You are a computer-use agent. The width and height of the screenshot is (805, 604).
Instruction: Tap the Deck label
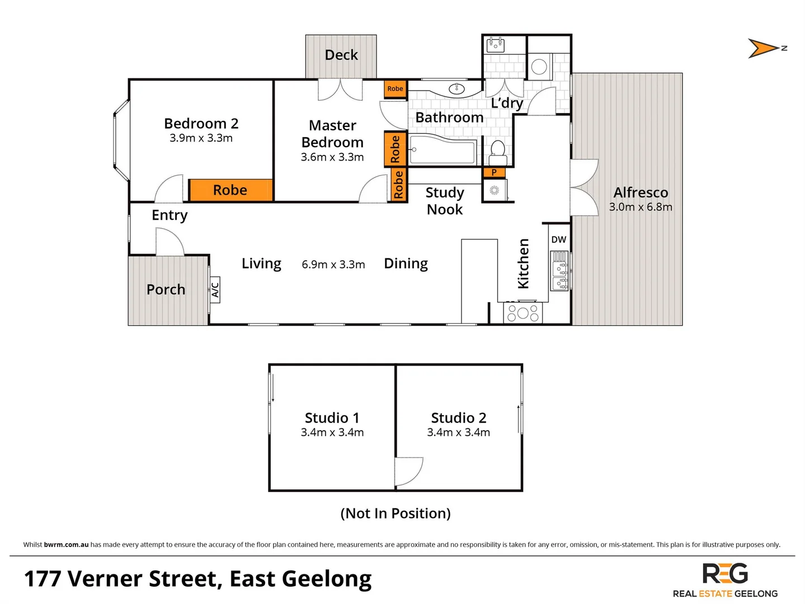[x=341, y=55]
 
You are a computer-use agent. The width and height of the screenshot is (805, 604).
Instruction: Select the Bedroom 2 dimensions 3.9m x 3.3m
[x=201, y=138]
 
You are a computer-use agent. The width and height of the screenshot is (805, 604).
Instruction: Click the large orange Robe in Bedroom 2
[x=230, y=190]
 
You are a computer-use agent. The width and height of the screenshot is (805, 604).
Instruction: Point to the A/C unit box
[x=215, y=290]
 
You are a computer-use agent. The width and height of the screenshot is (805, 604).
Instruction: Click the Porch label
[x=166, y=290]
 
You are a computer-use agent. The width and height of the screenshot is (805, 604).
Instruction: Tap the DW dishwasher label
[x=558, y=239]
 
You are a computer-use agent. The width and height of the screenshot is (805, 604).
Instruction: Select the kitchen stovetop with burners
[x=523, y=313]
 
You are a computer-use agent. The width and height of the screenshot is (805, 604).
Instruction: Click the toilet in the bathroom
[x=497, y=151]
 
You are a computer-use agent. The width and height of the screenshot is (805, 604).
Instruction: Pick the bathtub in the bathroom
[x=442, y=150]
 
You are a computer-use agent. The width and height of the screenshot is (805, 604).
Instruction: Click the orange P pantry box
[x=494, y=172]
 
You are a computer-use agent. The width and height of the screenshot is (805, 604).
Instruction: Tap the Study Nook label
[x=445, y=201]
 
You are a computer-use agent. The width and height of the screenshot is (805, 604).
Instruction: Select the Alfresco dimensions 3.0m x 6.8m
[x=641, y=207]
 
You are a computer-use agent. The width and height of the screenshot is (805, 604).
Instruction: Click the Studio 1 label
[x=332, y=418]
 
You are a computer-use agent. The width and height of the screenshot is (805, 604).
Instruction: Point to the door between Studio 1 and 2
[x=407, y=471]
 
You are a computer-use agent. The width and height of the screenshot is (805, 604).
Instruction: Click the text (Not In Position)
[x=396, y=513]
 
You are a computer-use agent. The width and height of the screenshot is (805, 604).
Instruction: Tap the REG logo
[x=725, y=574]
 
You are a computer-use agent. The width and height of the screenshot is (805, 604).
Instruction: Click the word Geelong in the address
[x=328, y=579]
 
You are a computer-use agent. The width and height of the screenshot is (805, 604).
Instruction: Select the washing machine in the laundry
[x=539, y=67]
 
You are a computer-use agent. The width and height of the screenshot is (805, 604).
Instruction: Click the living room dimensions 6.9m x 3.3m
[x=333, y=265]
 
